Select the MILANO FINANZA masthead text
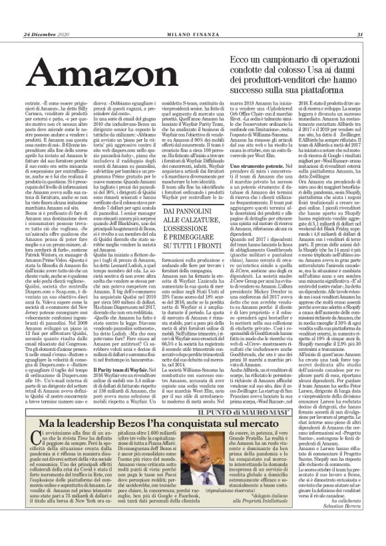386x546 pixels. pyautogui.click(x=193, y=16)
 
